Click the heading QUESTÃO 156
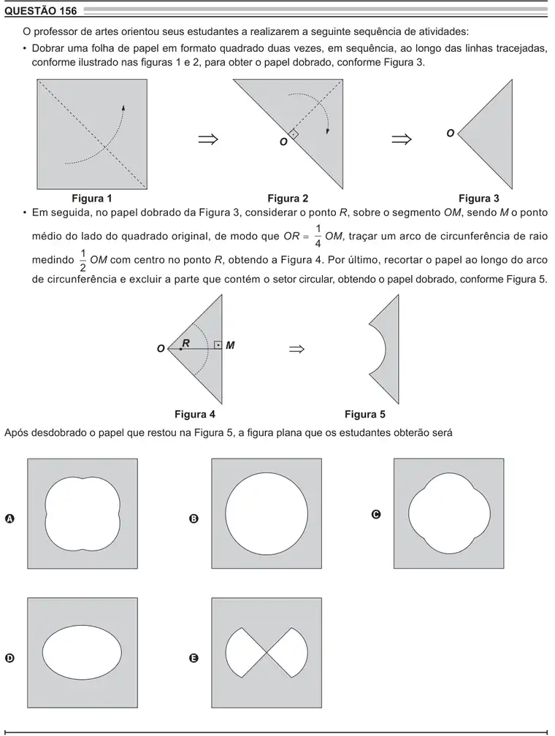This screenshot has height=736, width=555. (x=40, y=11)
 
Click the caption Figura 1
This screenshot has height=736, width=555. (x=91, y=198)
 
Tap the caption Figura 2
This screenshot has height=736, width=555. (x=288, y=198)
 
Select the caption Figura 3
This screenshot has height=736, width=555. (x=479, y=198)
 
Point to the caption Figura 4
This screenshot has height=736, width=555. (x=195, y=414)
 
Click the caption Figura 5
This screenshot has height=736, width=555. (x=365, y=414)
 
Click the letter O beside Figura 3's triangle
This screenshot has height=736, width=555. (x=451, y=134)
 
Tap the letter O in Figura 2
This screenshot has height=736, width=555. (x=283, y=142)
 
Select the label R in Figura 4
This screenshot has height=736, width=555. (x=186, y=343)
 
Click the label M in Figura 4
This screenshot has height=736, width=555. (x=230, y=345)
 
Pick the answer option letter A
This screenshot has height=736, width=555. (x=9, y=518)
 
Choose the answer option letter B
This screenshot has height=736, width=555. (x=194, y=518)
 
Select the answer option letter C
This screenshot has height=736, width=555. (x=376, y=515)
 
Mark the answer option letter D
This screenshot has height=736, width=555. (x=9, y=658)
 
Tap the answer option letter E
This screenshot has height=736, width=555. (x=194, y=658)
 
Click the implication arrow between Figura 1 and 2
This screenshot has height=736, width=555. (x=208, y=139)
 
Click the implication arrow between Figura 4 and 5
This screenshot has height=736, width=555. (x=296, y=349)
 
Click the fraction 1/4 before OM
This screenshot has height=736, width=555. (x=318, y=236)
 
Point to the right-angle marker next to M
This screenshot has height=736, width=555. (x=218, y=345)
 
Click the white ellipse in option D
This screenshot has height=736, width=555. (x=83, y=653)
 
